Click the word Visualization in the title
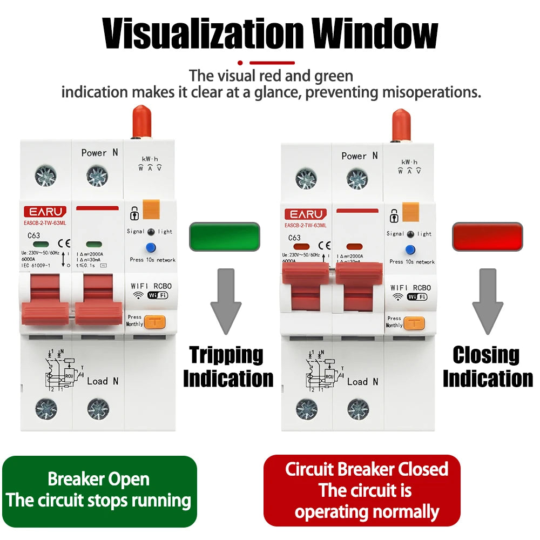coord(204,33)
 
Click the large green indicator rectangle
coord(225,237)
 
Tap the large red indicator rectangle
coord(488,237)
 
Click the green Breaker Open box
coord(99,490)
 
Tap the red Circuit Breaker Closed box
coord(362,490)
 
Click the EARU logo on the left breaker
coord(45,211)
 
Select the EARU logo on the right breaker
coord(305,214)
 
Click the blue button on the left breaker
coord(151,248)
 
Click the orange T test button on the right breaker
coord(414,323)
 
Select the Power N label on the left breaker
coord(99,153)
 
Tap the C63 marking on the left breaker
coord(34,235)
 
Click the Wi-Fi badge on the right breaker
coord(416,296)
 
